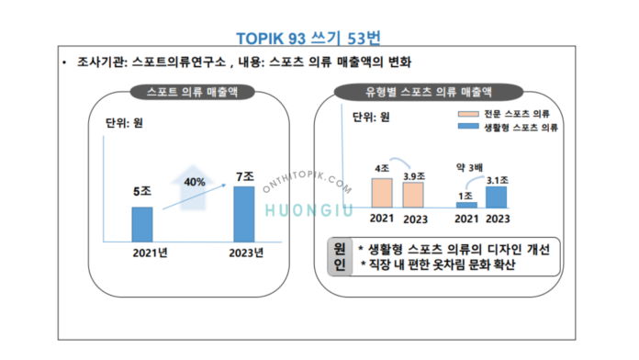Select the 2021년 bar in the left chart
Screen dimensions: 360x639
142,222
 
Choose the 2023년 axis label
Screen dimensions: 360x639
245,253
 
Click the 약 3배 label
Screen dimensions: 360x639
470,166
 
